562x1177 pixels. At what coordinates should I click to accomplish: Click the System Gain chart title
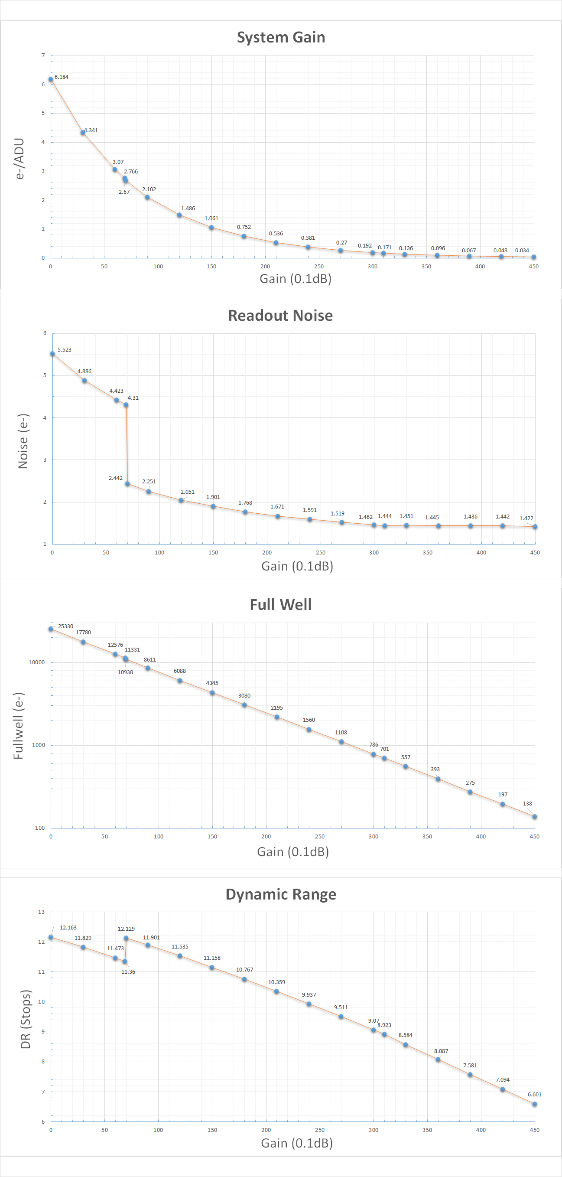click(281, 37)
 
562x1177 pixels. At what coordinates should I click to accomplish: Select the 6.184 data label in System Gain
click(61, 77)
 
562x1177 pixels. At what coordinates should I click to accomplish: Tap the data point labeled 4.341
click(83, 133)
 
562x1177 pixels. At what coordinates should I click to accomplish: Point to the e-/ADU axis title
click(19, 158)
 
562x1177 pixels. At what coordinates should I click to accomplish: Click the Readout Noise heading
click(280, 316)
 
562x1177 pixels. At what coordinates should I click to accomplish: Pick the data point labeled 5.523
click(52, 354)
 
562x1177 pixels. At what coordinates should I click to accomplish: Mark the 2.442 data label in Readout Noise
click(116, 478)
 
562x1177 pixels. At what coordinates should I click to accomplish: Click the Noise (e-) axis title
click(23, 441)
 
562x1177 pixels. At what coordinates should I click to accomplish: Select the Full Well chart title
click(280, 604)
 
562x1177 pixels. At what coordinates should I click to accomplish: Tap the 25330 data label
click(65, 626)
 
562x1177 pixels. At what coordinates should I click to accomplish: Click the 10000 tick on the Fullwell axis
click(36, 662)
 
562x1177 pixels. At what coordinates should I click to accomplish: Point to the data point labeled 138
click(535, 816)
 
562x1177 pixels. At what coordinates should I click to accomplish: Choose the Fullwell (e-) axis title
click(19, 726)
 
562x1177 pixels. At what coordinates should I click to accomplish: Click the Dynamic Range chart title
click(281, 894)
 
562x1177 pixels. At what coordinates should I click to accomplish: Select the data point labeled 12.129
click(126, 938)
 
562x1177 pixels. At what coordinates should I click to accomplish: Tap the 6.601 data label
click(534, 1094)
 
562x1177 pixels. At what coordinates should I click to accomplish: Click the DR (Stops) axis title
click(26, 1019)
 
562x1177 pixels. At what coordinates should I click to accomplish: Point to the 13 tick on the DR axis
click(42, 912)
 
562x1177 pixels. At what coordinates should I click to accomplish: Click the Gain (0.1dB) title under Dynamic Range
click(297, 1143)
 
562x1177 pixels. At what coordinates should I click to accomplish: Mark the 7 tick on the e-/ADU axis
click(43, 55)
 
